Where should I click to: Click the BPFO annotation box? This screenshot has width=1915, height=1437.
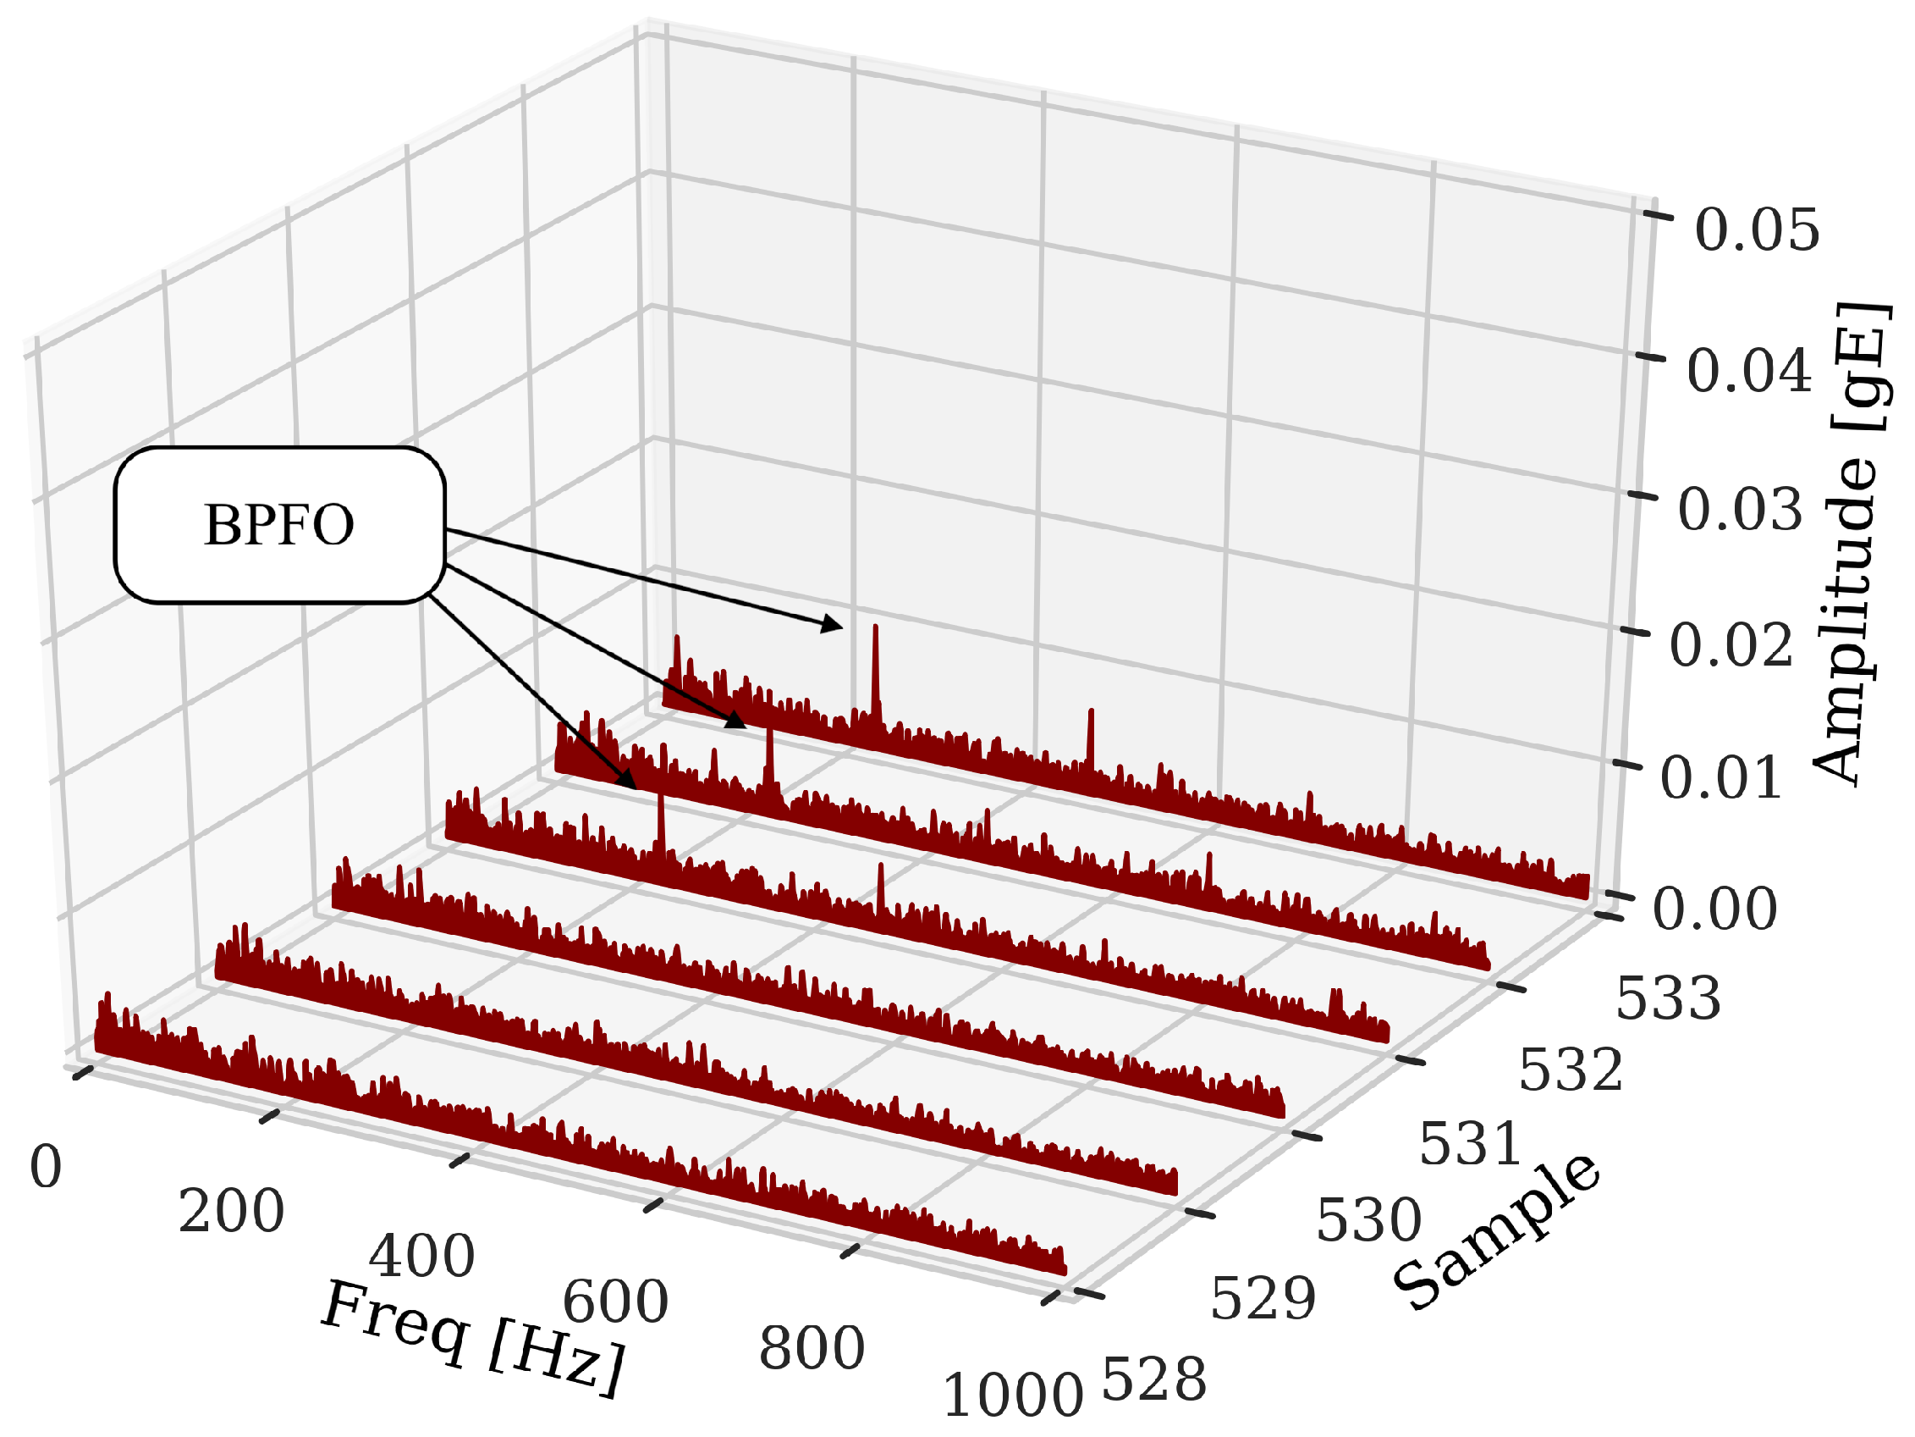279,525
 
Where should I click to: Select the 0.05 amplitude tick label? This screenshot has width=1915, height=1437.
1757,230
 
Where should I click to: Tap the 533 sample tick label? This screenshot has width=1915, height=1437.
1668,998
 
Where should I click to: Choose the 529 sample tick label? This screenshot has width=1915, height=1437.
1263,1298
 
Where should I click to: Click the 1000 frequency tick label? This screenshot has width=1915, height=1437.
1012,1397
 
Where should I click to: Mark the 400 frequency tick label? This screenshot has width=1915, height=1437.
421,1257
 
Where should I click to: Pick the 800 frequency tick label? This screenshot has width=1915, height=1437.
812,1349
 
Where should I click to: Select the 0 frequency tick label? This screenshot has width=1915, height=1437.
46,1167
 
